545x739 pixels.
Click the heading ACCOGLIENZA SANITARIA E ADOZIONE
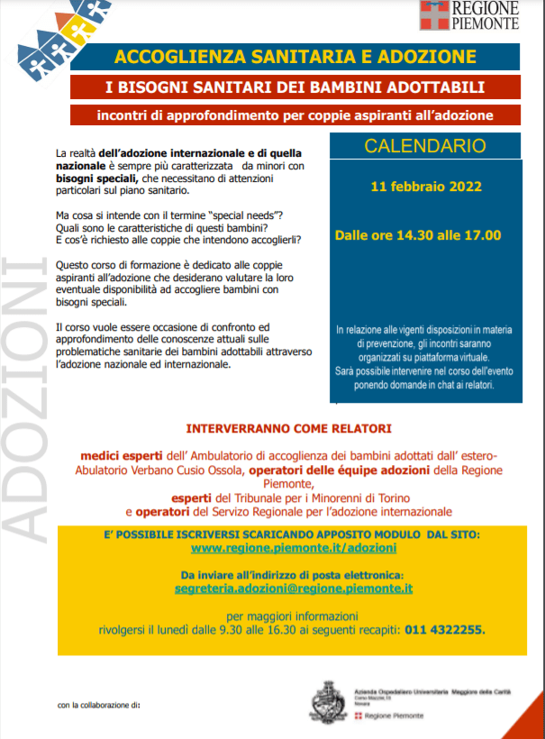click(x=295, y=58)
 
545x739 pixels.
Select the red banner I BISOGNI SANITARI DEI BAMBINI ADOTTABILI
click(x=295, y=87)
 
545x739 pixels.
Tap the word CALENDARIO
click(x=425, y=146)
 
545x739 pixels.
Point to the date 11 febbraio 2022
click(x=426, y=187)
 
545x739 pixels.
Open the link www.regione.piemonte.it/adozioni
click(x=294, y=548)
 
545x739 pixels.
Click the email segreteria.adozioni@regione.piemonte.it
click(x=294, y=588)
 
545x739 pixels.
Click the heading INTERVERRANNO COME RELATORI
click(x=288, y=428)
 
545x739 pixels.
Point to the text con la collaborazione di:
click(x=99, y=704)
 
